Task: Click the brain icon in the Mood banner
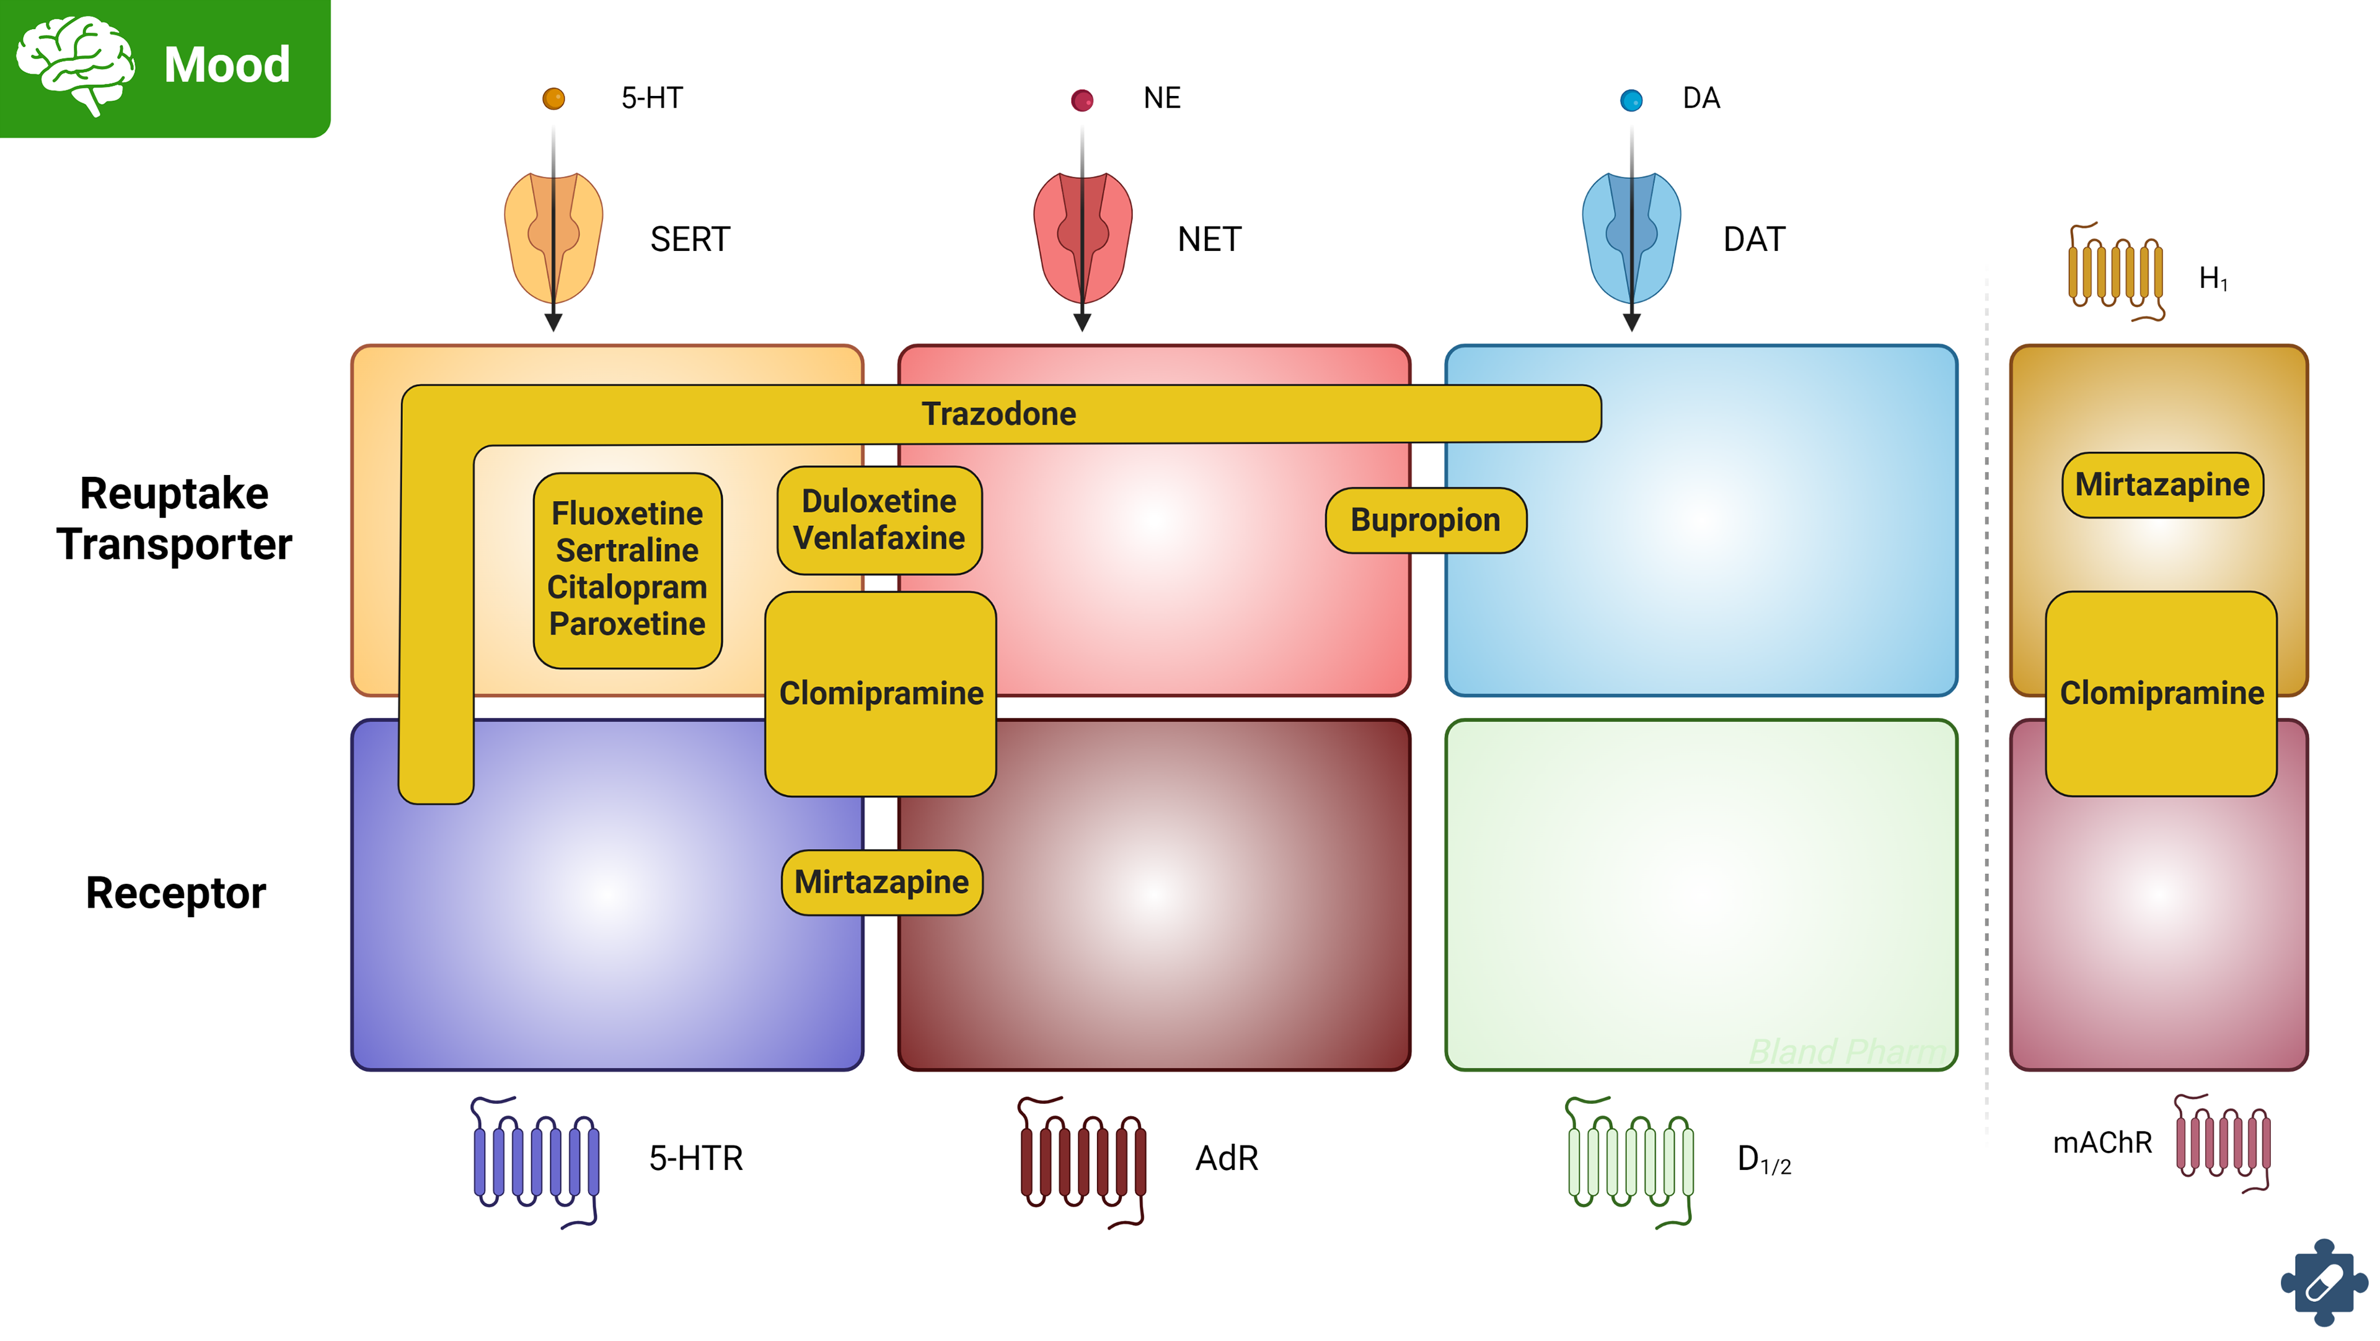[76, 64]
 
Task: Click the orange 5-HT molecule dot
[553, 99]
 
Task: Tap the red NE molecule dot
[1082, 100]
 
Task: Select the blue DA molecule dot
[1632, 100]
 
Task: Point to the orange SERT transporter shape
[553, 238]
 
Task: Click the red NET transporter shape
[1082, 238]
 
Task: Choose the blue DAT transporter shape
[1632, 238]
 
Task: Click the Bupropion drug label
[1425, 520]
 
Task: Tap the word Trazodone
[998, 414]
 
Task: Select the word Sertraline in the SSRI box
[627, 551]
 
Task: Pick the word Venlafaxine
[879, 538]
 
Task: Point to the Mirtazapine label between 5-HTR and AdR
[881, 883]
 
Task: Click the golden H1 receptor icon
[2116, 273]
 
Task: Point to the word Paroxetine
[627, 624]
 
